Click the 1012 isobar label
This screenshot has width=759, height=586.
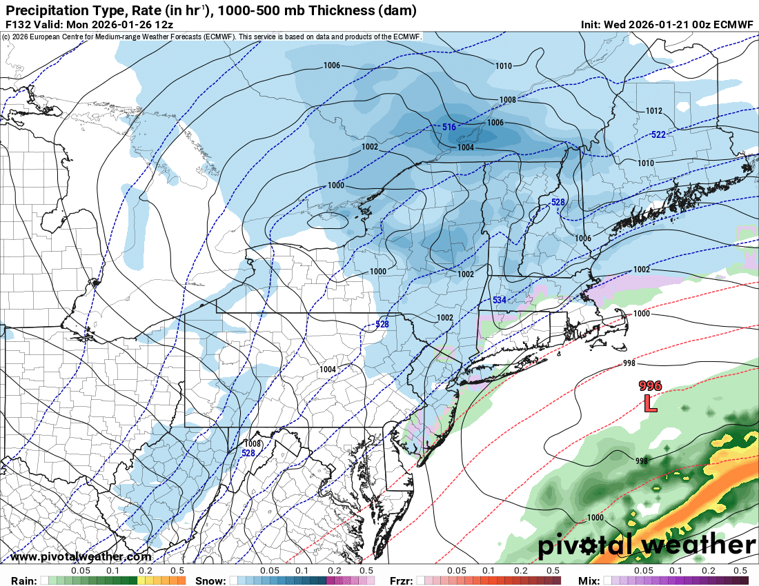(x=653, y=111)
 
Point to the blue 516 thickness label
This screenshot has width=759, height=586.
(x=448, y=128)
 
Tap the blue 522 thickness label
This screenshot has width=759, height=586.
(x=658, y=134)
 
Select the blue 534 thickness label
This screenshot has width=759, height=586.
(x=500, y=300)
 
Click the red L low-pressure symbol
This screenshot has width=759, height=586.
(x=650, y=403)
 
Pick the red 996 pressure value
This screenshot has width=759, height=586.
(x=650, y=386)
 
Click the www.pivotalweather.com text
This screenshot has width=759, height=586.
(x=81, y=556)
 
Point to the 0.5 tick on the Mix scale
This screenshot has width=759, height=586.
(x=740, y=571)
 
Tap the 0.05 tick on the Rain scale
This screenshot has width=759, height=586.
(x=81, y=571)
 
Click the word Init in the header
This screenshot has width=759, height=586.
(x=591, y=24)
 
